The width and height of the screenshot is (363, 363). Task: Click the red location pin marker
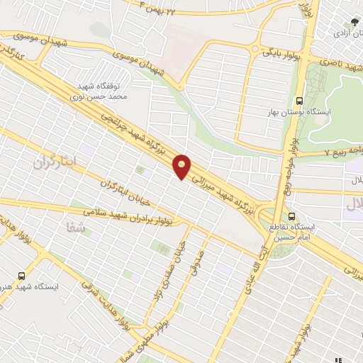pos(182,167)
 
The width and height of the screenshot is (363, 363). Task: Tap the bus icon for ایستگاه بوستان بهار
pos(300,100)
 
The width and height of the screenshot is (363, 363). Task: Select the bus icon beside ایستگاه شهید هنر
pos(21,274)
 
